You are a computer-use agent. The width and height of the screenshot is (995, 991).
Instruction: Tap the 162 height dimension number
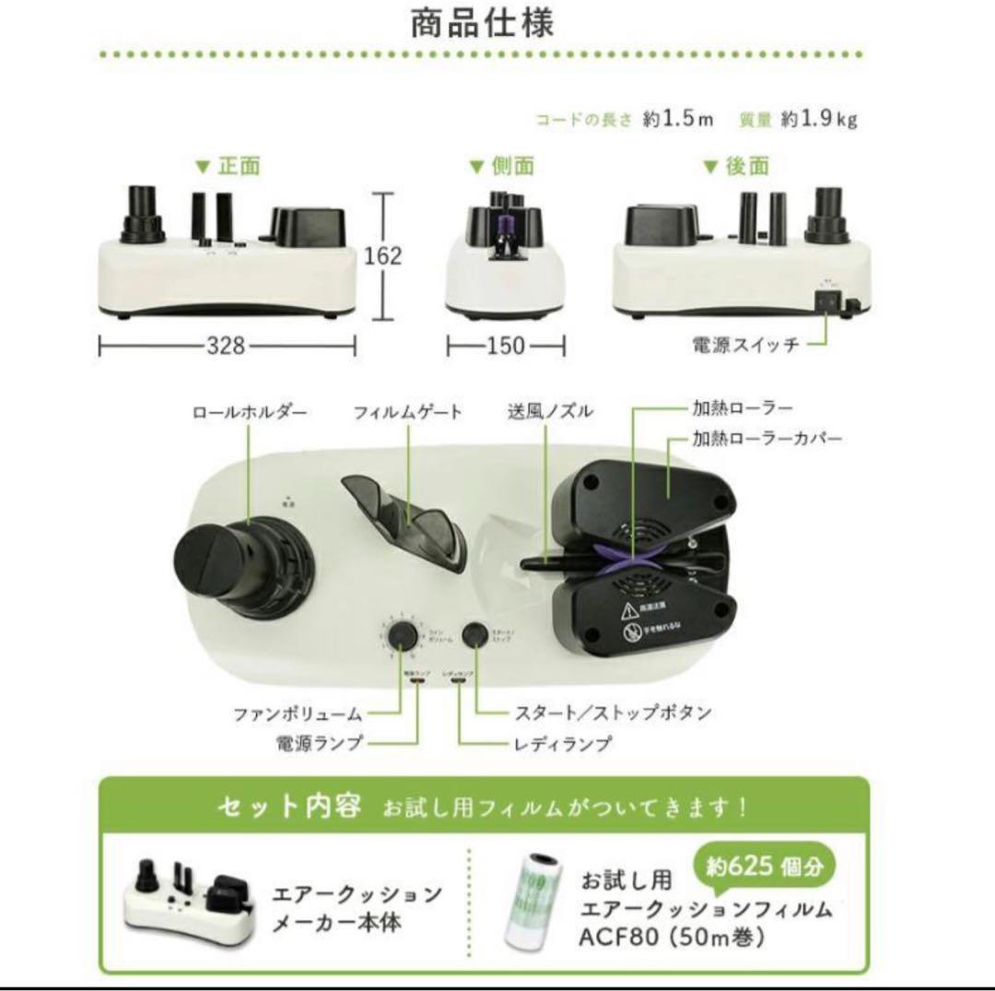(383, 256)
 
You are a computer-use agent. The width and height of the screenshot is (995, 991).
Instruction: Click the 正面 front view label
(239, 167)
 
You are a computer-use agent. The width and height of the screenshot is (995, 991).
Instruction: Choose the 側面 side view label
(512, 167)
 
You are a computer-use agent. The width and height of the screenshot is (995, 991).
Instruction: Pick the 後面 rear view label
(747, 167)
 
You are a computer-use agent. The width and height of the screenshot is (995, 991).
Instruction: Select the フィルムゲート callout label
(408, 412)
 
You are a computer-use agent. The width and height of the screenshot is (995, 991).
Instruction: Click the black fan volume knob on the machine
(401, 635)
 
